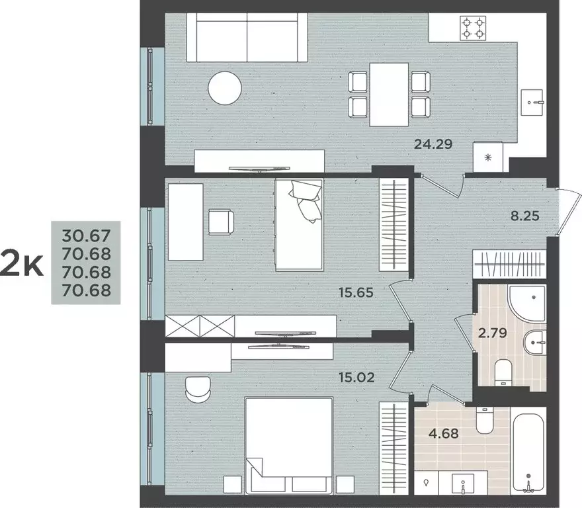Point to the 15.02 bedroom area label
tap(357, 378)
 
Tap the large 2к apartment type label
tap(22, 263)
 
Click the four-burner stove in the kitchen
tap(474, 28)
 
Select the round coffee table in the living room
tap(225, 88)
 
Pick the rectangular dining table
tap(389, 93)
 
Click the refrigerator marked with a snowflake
tap(489, 157)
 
